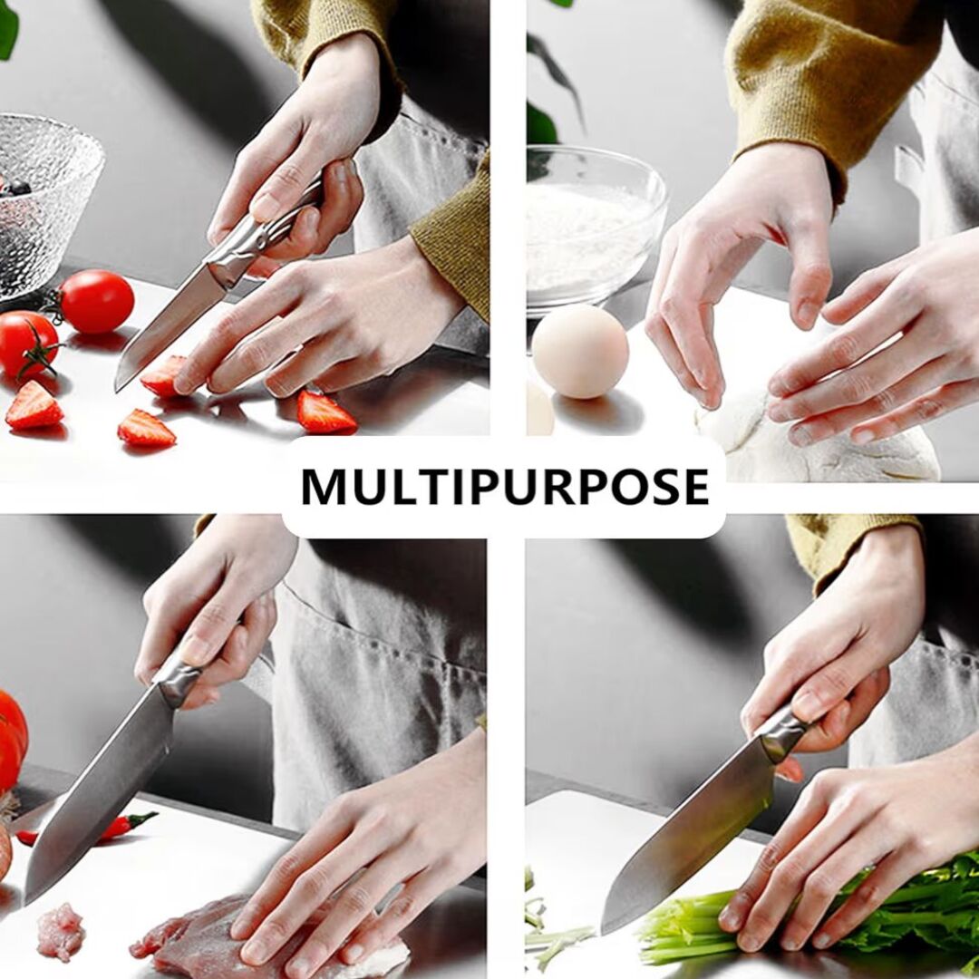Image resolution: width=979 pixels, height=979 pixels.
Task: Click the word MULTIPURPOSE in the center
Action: pyautogui.click(x=505, y=486)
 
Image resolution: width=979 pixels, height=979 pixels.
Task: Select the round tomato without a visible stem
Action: pyautogui.click(x=97, y=301)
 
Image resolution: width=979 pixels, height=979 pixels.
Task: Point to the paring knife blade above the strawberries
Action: pyautogui.click(x=169, y=325)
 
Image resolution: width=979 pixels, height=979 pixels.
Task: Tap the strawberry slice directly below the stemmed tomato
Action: pyautogui.click(x=34, y=406)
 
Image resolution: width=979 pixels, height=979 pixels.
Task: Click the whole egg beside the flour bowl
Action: pyautogui.click(x=580, y=352)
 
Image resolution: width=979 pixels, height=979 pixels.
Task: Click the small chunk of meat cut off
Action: pyautogui.click(x=61, y=931)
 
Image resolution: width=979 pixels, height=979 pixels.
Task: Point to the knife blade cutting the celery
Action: pyautogui.click(x=687, y=834)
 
